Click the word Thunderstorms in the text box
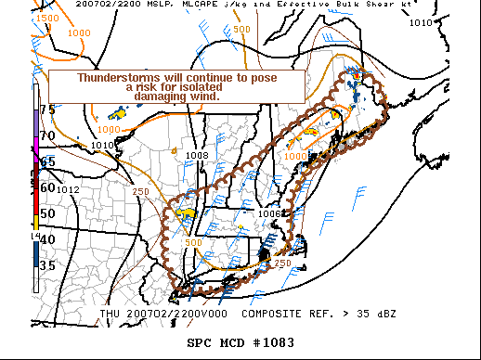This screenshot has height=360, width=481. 112,78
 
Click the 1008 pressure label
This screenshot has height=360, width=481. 196,155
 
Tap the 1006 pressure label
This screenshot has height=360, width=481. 269,213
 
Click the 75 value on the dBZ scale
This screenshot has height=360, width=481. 47,109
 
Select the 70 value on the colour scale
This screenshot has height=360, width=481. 47,135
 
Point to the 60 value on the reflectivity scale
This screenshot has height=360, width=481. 47,187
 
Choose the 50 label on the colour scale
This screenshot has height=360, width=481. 47,214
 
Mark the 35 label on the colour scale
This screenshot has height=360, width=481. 47,265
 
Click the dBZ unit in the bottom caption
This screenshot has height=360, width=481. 385,314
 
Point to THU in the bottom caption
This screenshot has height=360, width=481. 110,314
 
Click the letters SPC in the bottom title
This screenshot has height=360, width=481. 200,343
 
